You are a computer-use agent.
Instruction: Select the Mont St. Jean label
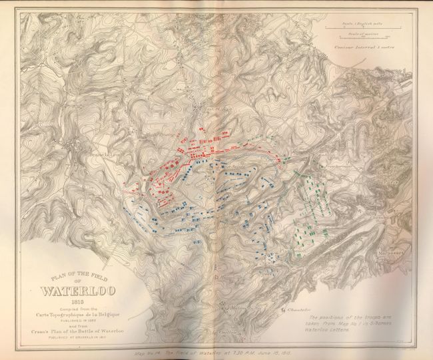[209, 107]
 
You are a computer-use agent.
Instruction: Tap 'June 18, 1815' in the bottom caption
[274, 352]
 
